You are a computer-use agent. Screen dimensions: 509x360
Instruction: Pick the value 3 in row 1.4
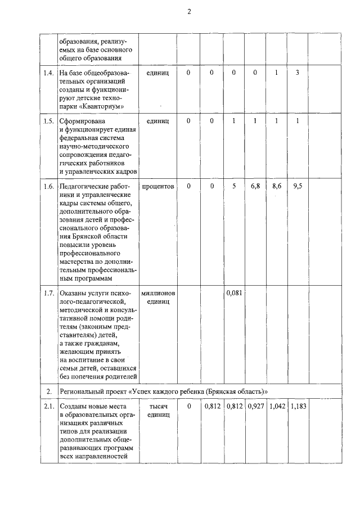(297, 73)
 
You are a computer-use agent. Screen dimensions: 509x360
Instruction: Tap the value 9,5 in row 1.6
(298, 186)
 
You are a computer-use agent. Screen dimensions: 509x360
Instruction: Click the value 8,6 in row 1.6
(276, 186)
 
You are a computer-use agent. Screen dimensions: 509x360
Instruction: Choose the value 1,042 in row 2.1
(276, 406)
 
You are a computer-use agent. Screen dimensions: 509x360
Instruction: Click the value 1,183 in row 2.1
(298, 406)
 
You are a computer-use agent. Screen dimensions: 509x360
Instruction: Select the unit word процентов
(158, 186)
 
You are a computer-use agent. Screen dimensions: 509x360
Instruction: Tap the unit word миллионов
(158, 294)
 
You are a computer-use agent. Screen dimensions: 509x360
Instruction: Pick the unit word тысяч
(158, 406)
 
